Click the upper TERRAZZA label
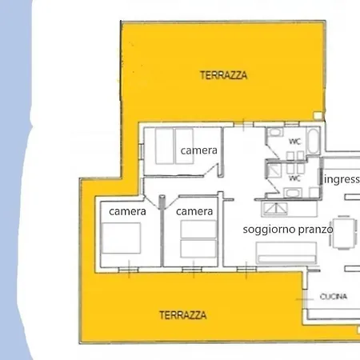tap(223, 75)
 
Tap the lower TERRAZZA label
tap(182, 314)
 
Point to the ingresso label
tap(342, 179)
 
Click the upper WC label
tap(294, 142)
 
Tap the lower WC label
tap(294, 178)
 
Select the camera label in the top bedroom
tap(199, 150)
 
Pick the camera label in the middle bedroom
tap(194, 211)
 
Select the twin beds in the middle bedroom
tap(197, 239)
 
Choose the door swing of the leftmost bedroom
tap(151, 201)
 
